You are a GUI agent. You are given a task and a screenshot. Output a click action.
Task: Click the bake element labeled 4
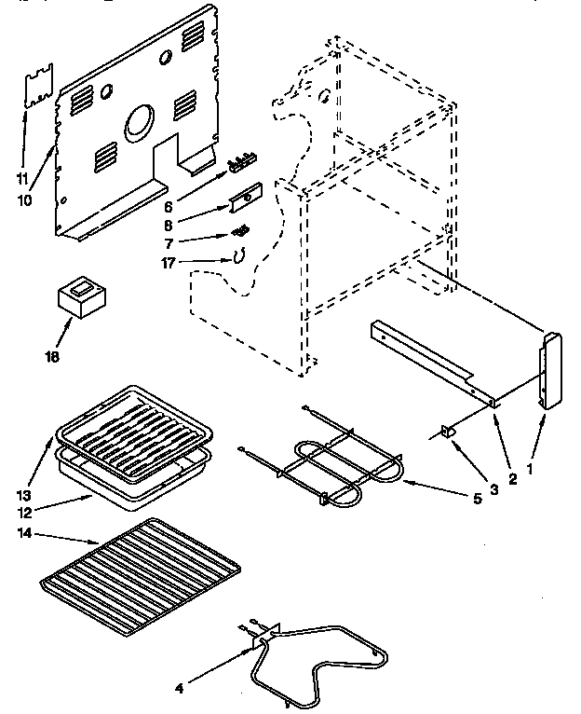[317, 657]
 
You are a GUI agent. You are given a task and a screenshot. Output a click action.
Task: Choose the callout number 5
[478, 498]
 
